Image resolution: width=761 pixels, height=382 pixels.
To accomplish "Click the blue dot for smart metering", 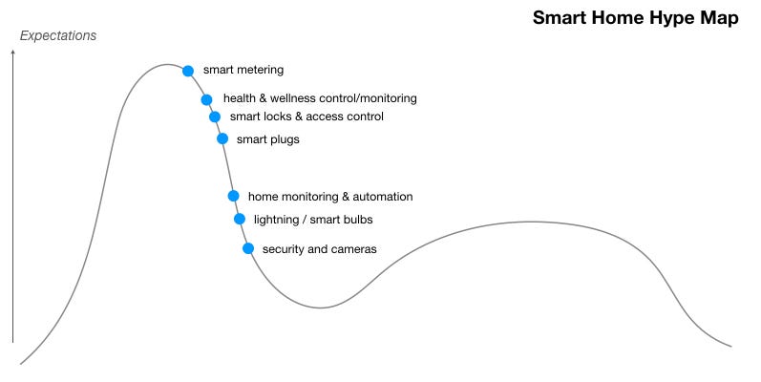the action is (188, 71).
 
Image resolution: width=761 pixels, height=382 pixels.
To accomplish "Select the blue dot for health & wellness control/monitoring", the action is (206, 99).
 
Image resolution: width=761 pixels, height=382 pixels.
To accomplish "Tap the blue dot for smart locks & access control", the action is (215, 117).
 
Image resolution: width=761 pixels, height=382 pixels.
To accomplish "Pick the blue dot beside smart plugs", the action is (222, 138).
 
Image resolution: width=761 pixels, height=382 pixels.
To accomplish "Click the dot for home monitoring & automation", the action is (233, 196).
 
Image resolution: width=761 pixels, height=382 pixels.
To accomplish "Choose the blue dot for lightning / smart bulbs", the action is (240, 219).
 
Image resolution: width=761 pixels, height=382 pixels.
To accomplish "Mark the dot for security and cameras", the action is (248, 248).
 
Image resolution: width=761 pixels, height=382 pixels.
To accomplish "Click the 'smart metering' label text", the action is (243, 70).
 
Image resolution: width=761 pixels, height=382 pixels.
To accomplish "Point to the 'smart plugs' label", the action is (268, 139).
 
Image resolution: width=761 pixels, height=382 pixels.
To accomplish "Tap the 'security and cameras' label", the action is (319, 249).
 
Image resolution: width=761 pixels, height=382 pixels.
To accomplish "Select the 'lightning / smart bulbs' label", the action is (313, 220).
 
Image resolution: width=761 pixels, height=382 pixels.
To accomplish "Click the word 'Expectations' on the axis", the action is (58, 36).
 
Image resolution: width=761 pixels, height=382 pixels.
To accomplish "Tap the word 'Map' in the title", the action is (719, 18).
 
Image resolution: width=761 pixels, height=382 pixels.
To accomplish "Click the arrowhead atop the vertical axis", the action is (13, 51).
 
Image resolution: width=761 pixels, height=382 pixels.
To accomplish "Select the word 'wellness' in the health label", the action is (291, 98).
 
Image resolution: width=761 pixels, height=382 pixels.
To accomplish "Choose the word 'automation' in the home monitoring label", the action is (383, 197).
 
